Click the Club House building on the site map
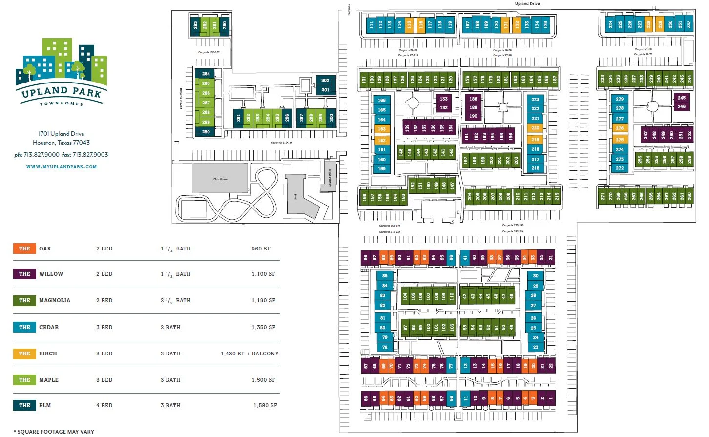click(x=220, y=179)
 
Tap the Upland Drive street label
click(x=527, y=4)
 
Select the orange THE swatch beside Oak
click(x=24, y=249)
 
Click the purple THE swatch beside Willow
click(x=24, y=274)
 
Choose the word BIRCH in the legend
click(x=48, y=354)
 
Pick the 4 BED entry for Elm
click(x=104, y=405)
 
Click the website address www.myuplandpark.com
click(x=62, y=167)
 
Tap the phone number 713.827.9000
click(x=42, y=155)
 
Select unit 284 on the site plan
click(x=206, y=74)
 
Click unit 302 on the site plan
click(x=325, y=80)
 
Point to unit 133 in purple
click(x=443, y=99)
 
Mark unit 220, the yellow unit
click(x=535, y=128)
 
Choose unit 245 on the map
click(x=681, y=98)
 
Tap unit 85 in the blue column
click(x=385, y=276)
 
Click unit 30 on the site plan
click(x=536, y=276)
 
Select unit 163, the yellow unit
click(x=382, y=129)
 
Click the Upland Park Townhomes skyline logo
click(x=62, y=71)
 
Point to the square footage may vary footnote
click(x=54, y=432)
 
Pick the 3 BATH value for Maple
click(x=170, y=380)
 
